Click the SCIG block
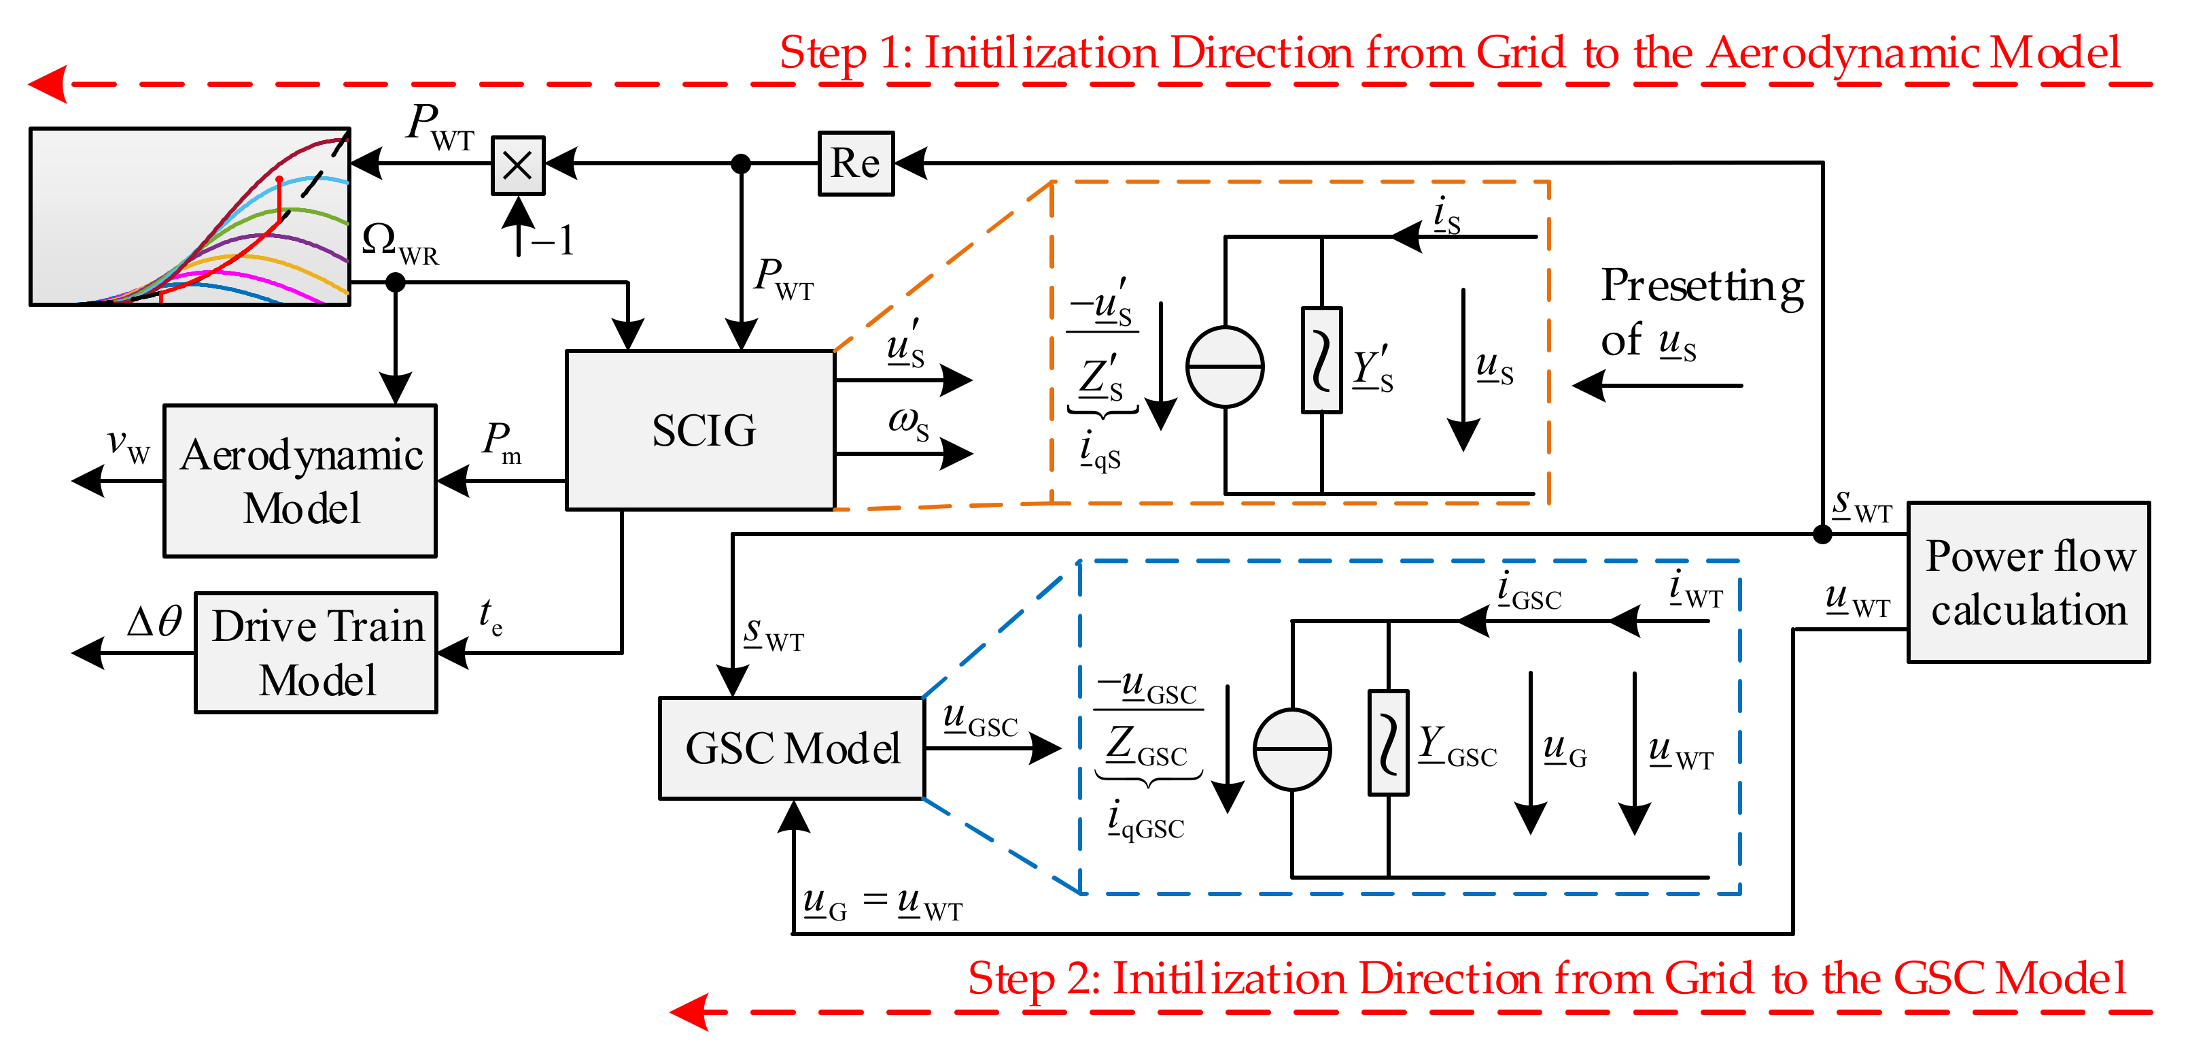click(x=700, y=430)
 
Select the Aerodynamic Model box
click(x=300, y=481)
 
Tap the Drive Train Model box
click(x=316, y=652)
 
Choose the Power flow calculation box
click(x=2028, y=583)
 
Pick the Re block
click(x=855, y=163)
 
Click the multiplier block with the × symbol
click(x=518, y=165)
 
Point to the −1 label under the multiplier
click(x=553, y=241)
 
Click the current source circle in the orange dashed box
click(x=1225, y=367)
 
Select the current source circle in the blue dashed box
click(x=1292, y=750)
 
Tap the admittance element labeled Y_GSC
click(x=1388, y=743)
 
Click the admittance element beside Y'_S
click(x=1321, y=361)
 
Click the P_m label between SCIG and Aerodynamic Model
click(x=501, y=443)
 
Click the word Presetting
click(x=1701, y=286)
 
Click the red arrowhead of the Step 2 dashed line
click(x=690, y=1012)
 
